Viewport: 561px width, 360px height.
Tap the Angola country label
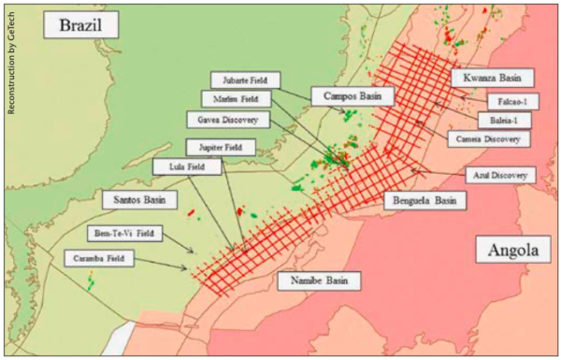[512, 251]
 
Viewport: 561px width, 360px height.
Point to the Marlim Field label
[236, 98]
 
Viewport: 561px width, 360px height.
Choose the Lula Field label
[188, 166]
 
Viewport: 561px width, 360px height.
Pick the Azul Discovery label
[498, 174]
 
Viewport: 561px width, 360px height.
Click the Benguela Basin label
[423, 200]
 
